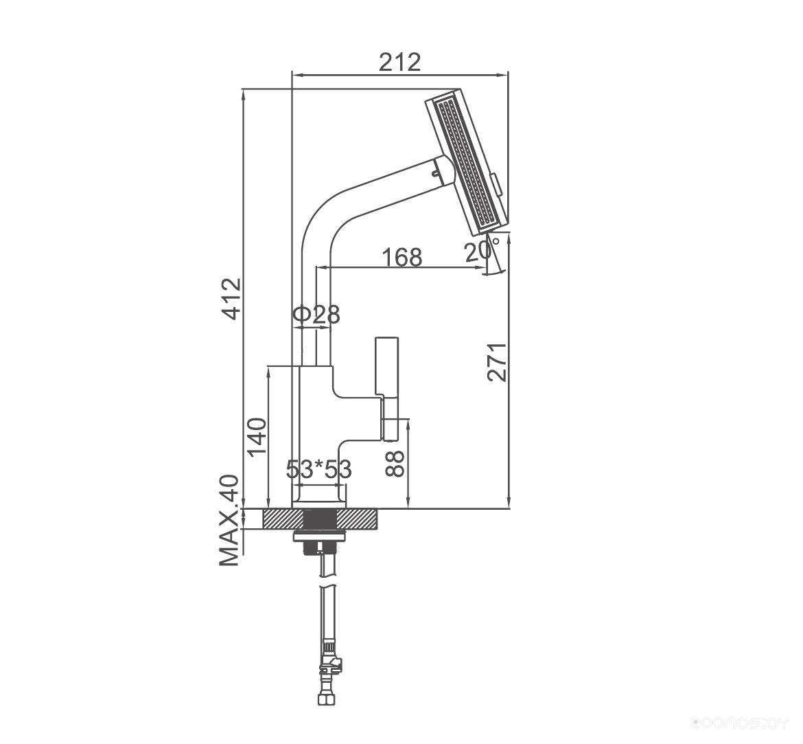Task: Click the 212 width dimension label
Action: tap(400, 62)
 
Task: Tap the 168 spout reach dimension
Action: tap(402, 258)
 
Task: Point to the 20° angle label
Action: tap(479, 251)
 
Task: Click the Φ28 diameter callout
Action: tap(316, 315)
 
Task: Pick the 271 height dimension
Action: tap(498, 362)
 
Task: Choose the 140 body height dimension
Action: tap(257, 437)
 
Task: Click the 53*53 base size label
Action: tap(318, 469)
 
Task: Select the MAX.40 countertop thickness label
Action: tap(229, 521)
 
